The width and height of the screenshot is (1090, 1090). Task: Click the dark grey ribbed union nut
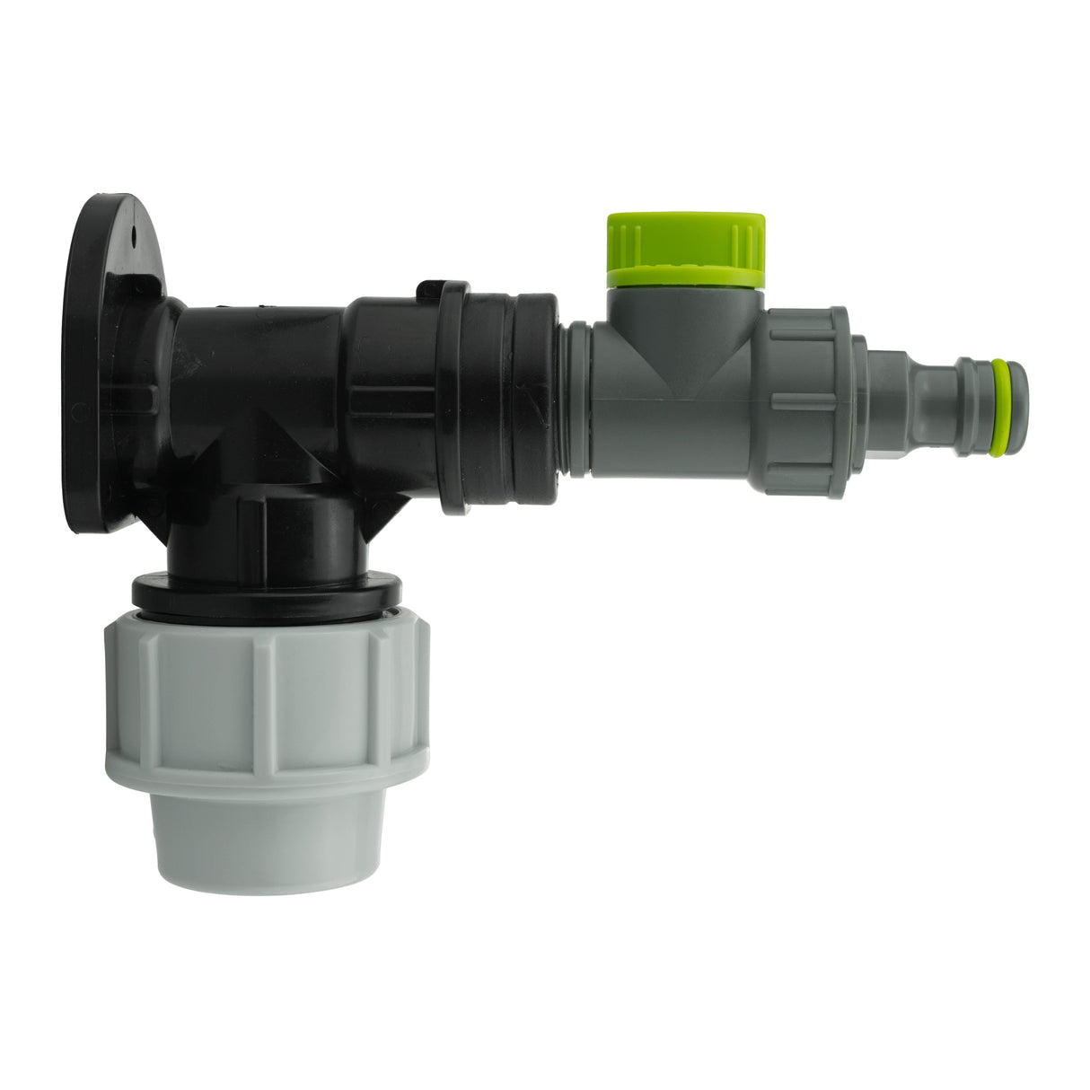[805, 401]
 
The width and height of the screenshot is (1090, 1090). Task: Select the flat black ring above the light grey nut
[266, 593]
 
